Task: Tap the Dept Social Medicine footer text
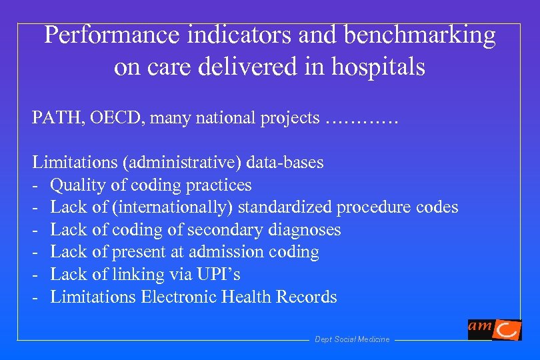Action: [x=351, y=339]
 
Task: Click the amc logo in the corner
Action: [x=494, y=329]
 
